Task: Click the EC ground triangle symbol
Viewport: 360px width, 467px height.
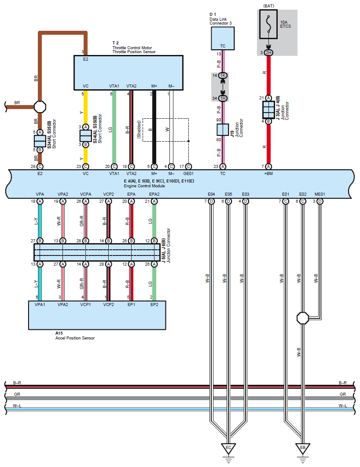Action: tap(228, 448)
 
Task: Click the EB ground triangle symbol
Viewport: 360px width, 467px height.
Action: tap(303, 448)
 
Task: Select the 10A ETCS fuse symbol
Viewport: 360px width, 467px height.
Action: tap(268, 24)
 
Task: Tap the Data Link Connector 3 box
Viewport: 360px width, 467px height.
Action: tap(223, 38)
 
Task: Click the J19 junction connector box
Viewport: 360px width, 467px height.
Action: tap(223, 130)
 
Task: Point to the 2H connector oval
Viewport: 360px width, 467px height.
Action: tap(268, 53)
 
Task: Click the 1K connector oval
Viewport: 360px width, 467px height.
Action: tap(223, 76)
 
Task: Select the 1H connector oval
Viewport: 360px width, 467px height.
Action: tap(223, 99)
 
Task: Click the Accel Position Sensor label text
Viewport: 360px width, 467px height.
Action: tap(75, 338)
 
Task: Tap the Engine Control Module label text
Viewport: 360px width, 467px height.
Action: tap(144, 186)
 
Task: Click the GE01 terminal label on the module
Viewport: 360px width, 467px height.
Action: tap(188, 174)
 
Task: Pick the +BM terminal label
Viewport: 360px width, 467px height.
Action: tap(268, 174)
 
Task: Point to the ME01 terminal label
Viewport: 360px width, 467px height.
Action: tap(320, 194)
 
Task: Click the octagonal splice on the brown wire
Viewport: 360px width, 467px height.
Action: tap(40, 106)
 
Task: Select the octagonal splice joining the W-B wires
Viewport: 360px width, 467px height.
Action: tap(303, 318)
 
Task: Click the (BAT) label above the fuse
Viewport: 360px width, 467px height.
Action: tap(268, 6)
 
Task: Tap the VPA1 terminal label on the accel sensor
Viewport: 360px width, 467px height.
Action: tap(40, 305)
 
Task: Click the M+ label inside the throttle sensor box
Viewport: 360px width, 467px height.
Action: tap(154, 86)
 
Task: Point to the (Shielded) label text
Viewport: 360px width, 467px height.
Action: tap(139, 129)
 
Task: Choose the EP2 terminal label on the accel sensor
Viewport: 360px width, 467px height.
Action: tap(154, 305)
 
